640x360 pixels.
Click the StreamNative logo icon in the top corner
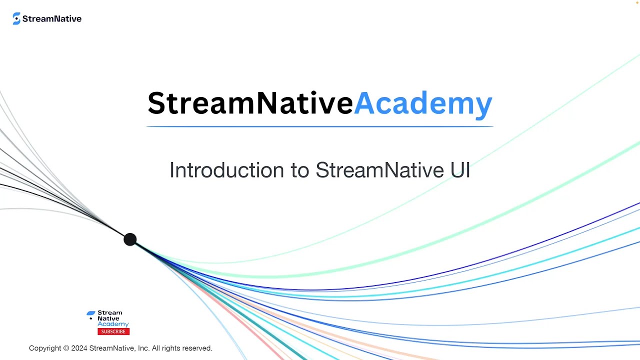16,18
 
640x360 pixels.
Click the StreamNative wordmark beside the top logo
52,19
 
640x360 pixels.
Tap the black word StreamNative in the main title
250,103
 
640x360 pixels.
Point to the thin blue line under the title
320,126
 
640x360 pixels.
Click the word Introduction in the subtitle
227,170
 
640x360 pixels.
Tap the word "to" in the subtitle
300,170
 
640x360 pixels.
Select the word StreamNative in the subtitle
379,170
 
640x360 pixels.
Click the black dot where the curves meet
130,239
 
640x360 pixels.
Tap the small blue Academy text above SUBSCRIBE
113,324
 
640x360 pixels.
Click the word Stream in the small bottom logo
110,313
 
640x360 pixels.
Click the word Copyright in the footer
45,348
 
